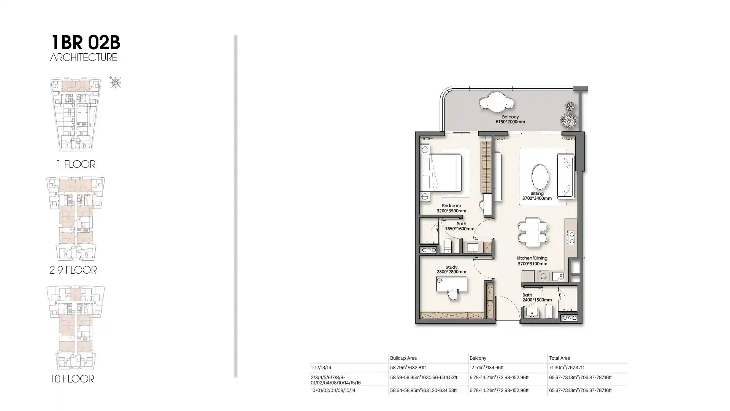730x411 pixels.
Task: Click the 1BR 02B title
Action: [86, 42]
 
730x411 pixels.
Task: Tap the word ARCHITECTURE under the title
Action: [84, 57]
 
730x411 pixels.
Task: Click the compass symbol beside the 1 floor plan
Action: [116, 82]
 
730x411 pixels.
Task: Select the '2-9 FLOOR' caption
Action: [73, 270]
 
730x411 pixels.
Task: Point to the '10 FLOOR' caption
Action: [72, 379]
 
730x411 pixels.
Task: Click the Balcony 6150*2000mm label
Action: [510, 119]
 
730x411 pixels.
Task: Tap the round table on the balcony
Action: [497, 102]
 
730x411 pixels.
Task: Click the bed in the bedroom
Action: [441, 172]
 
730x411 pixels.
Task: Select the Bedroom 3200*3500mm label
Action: [451, 208]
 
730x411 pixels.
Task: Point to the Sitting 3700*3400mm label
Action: [537, 196]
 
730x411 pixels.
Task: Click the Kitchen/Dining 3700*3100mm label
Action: [532, 261]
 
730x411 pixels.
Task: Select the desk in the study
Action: [452, 285]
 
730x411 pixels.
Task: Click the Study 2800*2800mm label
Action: [451, 269]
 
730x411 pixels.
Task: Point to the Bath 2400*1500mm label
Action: [537, 298]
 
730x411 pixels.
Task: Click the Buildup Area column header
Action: [403, 358]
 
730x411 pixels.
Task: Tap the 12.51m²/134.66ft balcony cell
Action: [487, 368]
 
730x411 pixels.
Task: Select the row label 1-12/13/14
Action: [321, 368]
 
